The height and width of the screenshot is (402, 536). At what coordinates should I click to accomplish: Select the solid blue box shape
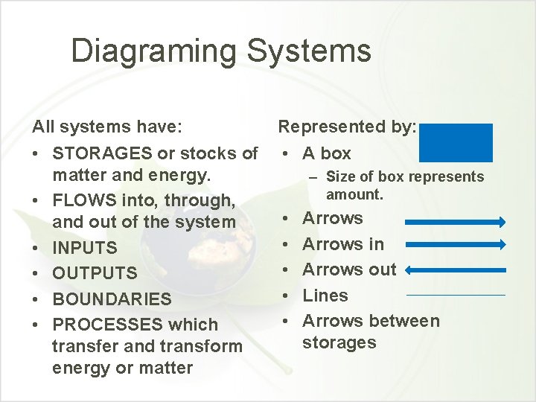[456, 142]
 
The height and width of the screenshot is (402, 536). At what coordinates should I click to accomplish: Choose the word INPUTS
[85, 248]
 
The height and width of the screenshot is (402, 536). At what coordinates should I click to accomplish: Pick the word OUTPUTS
[95, 273]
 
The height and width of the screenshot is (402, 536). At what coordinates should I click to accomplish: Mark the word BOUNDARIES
[112, 299]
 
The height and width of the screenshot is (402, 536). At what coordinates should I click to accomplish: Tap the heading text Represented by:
[347, 127]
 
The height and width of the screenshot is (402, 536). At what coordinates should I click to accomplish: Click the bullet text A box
[327, 153]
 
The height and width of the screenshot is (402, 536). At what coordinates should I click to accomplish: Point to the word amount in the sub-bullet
[354, 194]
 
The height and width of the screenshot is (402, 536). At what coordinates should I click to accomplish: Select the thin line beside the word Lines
[456, 296]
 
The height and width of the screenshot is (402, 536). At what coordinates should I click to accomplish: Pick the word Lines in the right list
[325, 296]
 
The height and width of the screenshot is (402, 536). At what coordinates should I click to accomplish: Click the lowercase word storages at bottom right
[339, 342]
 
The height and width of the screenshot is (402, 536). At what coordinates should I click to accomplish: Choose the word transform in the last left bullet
[202, 346]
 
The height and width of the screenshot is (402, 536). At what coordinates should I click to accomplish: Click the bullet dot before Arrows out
[285, 269]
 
